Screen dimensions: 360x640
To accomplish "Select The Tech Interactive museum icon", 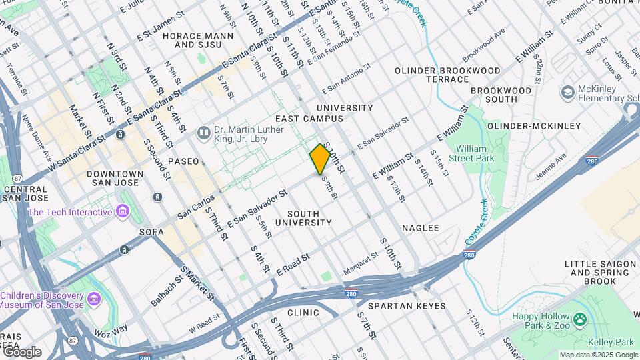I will point(122,212).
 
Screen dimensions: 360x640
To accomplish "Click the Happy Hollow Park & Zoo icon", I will point(580,319).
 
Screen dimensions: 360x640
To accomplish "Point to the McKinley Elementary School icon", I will point(568,91).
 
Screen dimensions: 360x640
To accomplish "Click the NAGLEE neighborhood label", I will point(421,228).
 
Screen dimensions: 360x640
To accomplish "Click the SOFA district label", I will point(151,232).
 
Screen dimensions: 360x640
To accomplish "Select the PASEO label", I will point(183,161).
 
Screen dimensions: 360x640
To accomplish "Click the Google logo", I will point(21,352).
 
